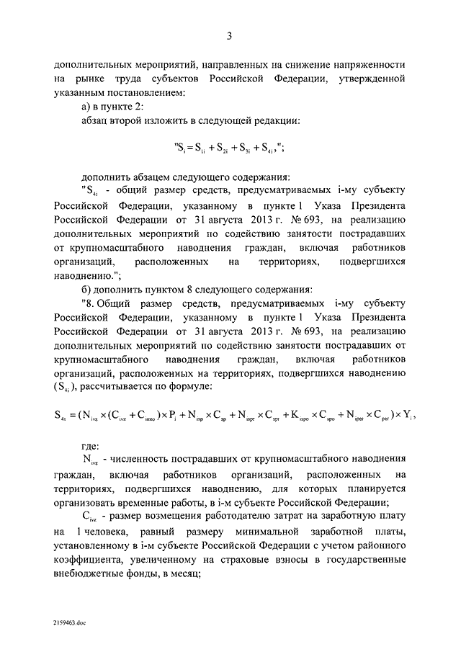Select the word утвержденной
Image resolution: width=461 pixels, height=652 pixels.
click(x=372, y=78)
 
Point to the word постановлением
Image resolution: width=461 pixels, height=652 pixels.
click(x=130, y=91)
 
